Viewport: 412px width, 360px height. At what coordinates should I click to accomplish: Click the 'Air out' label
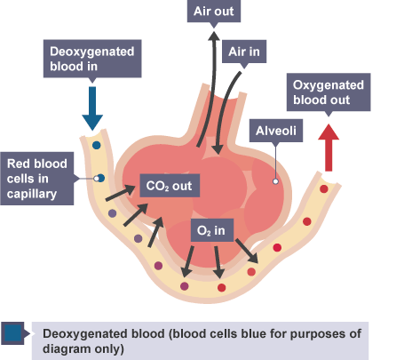pyautogui.click(x=214, y=12)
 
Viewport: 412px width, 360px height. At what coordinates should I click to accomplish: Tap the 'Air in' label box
pyautogui.click(x=244, y=52)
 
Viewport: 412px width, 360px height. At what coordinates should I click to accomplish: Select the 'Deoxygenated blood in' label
pyautogui.click(x=92, y=59)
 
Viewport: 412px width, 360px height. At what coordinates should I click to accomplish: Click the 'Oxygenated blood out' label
pyautogui.click(x=329, y=92)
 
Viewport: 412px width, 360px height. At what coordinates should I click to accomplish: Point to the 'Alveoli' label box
pyautogui.click(x=276, y=131)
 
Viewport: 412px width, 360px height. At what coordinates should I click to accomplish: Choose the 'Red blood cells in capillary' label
pyautogui.click(x=37, y=179)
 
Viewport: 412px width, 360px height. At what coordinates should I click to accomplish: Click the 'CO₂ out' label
pyautogui.click(x=170, y=186)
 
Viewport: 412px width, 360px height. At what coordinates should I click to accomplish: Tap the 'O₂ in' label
pyautogui.click(x=211, y=230)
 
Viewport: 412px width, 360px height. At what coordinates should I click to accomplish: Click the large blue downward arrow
pyautogui.click(x=92, y=108)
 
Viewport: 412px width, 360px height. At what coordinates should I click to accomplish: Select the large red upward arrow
pyautogui.click(x=329, y=148)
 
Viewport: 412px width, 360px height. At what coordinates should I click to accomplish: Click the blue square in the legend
pyautogui.click(x=12, y=333)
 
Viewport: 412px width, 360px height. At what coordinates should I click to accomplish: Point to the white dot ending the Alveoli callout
pyautogui.click(x=275, y=181)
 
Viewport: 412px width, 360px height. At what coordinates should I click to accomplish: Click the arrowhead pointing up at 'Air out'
pyautogui.click(x=214, y=36)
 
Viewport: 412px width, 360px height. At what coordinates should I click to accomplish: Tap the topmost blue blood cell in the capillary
pyautogui.click(x=97, y=145)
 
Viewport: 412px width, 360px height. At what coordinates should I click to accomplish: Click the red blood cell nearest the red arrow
pyautogui.click(x=324, y=188)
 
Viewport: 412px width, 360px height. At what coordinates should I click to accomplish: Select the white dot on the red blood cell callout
pyautogui.click(x=96, y=179)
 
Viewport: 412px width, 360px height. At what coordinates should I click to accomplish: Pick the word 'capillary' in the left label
pyautogui.click(x=32, y=194)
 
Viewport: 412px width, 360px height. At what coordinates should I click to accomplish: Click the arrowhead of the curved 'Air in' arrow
pyautogui.click(x=218, y=148)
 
